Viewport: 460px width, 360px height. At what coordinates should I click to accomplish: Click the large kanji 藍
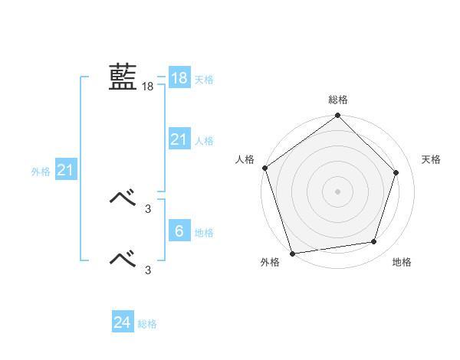click(x=123, y=77)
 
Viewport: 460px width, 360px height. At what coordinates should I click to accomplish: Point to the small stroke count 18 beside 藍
click(x=147, y=87)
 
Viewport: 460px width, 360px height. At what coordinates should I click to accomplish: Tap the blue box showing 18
click(x=179, y=78)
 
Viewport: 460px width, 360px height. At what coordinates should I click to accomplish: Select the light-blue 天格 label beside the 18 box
click(x=204, y=79)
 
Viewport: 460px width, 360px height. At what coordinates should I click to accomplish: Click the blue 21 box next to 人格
click(x=179, y=139)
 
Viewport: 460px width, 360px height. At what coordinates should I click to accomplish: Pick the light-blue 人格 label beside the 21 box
click(x=204, y=140)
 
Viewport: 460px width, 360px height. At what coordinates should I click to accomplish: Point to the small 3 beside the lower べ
click(x=148, y=269)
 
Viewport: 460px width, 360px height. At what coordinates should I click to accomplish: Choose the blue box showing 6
click(x=179, y=231)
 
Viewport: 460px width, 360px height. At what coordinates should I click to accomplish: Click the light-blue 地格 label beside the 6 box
click(x=204, y=232)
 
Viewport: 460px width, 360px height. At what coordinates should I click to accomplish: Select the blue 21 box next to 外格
click(x=65, y=171)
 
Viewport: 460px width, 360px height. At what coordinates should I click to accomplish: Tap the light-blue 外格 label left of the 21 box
click(x=41, y=172)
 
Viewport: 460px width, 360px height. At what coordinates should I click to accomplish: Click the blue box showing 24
click(x=122, y=322)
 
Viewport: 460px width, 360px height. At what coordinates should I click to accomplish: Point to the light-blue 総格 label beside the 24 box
click(x=147, y=324)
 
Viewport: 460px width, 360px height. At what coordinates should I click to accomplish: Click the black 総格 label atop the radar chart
click(x=337, y=100)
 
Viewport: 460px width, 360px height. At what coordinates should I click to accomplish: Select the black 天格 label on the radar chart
click(x=431, y=159)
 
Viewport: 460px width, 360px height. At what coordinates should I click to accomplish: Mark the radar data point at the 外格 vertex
click(x=293, y=253)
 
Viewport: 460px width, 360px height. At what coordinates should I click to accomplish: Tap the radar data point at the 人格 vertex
click(x=264, y=168)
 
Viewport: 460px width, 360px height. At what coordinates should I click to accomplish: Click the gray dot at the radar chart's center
click(x=337, y=191)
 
